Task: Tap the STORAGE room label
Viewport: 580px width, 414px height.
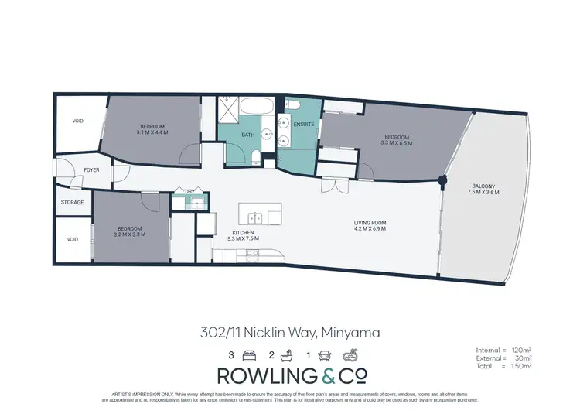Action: coord(72,203)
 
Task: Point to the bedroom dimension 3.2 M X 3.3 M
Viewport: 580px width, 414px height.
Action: coord(129,233)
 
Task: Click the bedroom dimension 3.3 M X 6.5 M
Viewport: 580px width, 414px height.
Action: coord(396,142)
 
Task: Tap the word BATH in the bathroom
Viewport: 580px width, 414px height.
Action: coord(247,135)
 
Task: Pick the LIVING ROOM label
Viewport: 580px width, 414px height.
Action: coord(370,223)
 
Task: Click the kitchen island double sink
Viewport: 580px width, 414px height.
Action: coord(255,216)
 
